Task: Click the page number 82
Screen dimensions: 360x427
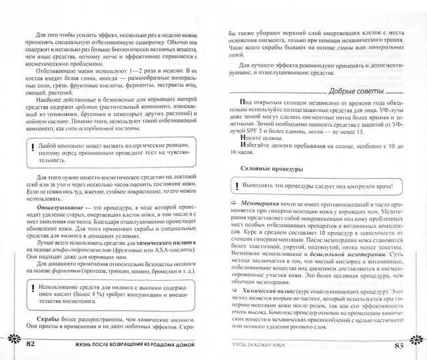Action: tap(31, 345)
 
